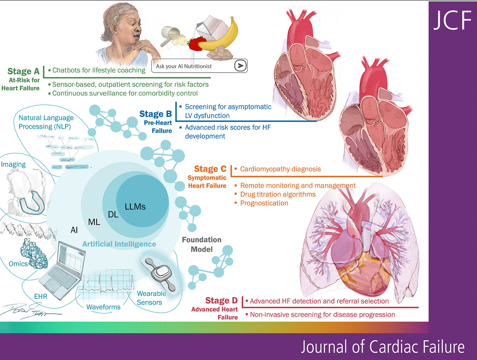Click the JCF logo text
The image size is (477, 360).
452,20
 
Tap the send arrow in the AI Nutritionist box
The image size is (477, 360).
240,66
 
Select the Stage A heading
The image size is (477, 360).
23,71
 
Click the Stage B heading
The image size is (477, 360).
156,114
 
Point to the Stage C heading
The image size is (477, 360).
210,169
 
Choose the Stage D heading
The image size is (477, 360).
221,300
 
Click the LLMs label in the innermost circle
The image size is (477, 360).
135,207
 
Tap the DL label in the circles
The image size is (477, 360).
113,215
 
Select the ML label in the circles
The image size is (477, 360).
94,222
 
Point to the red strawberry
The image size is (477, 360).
196,44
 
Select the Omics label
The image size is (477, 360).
18,264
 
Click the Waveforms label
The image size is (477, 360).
103,307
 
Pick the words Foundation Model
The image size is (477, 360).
201,244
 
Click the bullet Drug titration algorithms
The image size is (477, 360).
278,194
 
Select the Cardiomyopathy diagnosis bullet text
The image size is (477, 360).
280,169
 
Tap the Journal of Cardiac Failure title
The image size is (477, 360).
382,347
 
